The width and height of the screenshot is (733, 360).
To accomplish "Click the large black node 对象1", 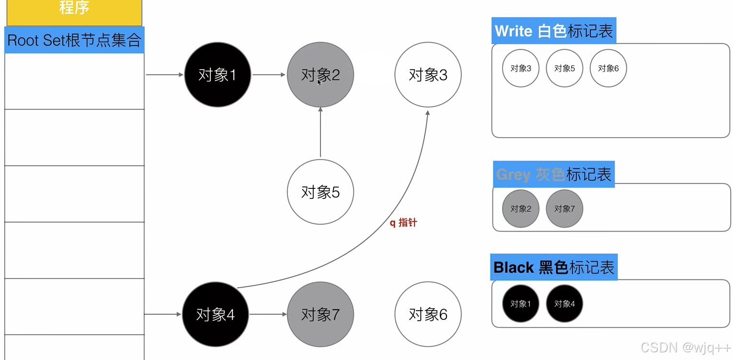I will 218,75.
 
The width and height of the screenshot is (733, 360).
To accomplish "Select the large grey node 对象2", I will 320,75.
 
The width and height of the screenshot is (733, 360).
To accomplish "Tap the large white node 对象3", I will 428,75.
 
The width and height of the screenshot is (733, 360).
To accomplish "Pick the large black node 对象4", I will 216,314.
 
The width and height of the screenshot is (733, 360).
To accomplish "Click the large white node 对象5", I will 320,192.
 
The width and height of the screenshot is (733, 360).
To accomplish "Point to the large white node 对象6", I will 428,314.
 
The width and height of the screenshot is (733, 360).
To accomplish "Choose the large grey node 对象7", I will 320,314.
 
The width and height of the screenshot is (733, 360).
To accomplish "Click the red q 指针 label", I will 403,223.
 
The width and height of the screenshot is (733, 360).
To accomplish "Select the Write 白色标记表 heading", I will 553,31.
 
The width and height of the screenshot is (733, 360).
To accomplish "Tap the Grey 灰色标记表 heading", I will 554,174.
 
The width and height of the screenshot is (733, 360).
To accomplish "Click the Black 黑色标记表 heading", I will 554,267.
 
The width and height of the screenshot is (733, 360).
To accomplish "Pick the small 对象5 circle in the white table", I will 564,68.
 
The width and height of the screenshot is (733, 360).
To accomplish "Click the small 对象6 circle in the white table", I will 608,68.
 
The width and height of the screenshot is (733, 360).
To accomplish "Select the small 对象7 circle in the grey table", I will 564,209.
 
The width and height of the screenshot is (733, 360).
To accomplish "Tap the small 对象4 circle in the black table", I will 564,303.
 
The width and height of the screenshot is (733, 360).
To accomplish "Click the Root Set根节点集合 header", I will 74,40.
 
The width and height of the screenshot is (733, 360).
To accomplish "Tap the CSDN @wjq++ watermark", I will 685,348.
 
